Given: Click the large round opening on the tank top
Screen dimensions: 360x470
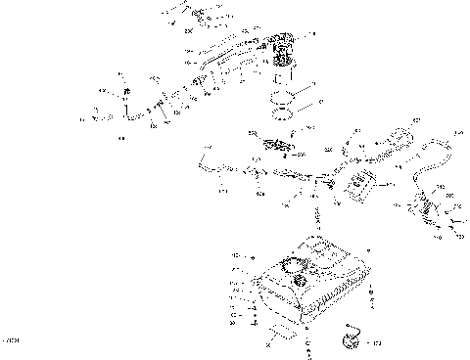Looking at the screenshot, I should [290, 264].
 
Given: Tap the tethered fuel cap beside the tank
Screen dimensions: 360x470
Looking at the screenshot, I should [348, 339].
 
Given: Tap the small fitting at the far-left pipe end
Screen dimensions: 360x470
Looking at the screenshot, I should [99, 119].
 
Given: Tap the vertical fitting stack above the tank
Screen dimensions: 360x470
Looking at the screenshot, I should [316, 210].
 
